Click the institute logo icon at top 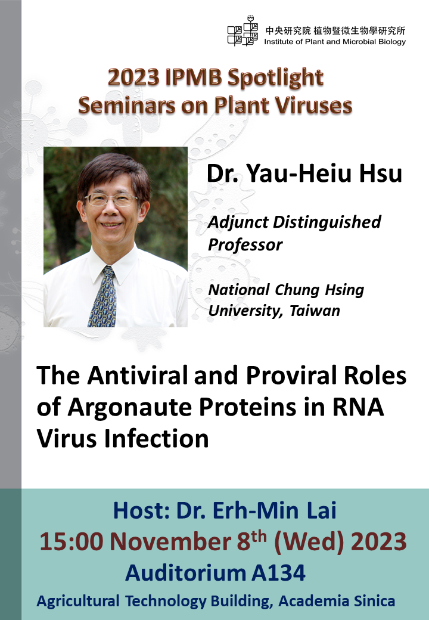point(243,31)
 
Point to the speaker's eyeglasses point(111,200)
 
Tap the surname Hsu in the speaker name point(380,173)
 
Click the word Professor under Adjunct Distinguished point(245,245)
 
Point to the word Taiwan point(315,311)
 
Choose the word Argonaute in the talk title point(129,408)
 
